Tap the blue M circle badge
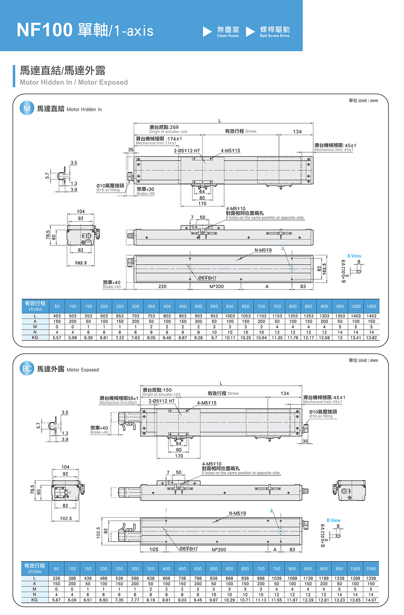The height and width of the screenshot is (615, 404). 27,108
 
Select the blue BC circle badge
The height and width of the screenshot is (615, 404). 27,369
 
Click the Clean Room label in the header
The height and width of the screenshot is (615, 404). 228,32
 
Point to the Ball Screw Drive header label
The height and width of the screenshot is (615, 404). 274,32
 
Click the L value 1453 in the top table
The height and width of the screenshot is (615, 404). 371,316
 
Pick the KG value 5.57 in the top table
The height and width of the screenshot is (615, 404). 57,338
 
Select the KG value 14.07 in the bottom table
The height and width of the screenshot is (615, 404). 371,600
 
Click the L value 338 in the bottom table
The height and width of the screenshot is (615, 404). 56,578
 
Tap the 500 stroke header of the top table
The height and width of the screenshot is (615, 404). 198,306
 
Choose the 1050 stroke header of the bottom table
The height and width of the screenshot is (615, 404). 371,568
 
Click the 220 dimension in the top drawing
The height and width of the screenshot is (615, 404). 162,287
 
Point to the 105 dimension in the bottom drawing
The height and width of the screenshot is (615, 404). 154,549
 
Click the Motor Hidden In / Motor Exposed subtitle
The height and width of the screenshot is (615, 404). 74,82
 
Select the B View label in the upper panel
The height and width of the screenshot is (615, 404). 354,256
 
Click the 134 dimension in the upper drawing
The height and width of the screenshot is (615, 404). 297,132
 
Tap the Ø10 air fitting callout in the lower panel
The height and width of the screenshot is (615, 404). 323,414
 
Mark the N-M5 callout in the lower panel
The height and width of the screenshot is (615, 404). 237,513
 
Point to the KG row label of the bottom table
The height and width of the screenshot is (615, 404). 34,600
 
